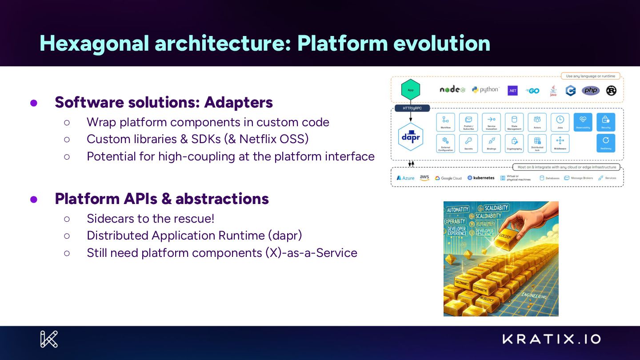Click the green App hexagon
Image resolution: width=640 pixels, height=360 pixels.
tap(410, 90)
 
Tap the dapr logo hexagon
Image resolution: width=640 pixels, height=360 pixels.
tap(410, 137)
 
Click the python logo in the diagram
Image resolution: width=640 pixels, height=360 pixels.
tap(485, 90)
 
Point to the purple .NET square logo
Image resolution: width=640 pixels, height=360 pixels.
tap(512, 90)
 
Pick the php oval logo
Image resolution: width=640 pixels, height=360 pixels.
tap(591, 90)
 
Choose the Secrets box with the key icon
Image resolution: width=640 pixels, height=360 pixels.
tap(468, 143)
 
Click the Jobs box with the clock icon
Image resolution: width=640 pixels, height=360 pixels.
tap(560, 122)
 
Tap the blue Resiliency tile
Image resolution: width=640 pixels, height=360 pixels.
tap(605, 143)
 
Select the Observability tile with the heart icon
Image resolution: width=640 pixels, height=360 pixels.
tap(583, 122)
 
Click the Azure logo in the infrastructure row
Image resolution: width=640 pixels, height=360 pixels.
tap(405, 178)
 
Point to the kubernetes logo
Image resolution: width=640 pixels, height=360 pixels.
tap(481, 178)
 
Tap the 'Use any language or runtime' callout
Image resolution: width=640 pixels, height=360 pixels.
tap(590, 76)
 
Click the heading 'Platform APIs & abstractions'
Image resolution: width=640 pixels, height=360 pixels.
tap(162, 199)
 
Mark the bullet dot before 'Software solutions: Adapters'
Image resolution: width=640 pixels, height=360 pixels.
tap(33, 103)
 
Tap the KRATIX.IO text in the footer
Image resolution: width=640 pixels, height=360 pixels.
tap(552, 339)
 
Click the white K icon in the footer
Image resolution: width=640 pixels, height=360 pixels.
tap(49, 339)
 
